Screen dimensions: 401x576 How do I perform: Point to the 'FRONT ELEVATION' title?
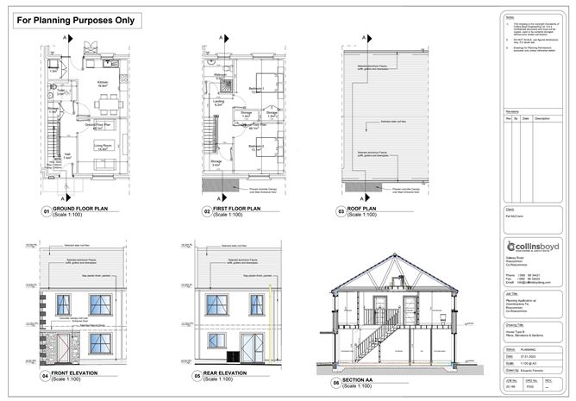coord(85,375)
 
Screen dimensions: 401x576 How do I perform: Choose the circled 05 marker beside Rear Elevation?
coord(197,377)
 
